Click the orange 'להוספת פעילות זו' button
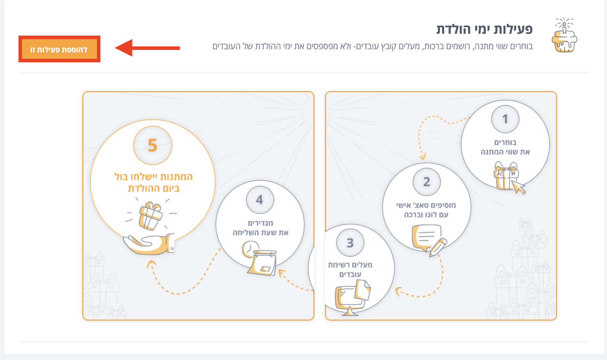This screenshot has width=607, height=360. (59, 49)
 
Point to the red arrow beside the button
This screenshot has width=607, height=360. (147, 48)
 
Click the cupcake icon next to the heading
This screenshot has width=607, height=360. (564, 35)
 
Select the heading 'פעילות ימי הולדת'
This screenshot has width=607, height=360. (484, 29)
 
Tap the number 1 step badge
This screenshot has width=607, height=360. (505, 119)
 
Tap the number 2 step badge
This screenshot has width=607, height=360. (427, 182)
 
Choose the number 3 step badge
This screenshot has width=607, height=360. (350, 243)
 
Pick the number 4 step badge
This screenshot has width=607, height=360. (260, 200)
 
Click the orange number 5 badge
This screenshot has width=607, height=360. (153, 145)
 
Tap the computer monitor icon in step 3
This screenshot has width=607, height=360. (352, 297)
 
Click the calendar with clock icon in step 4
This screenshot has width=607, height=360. (260, 258)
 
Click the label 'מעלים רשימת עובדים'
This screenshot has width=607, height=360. (350, 269)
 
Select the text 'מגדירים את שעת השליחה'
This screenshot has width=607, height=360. (260, 228)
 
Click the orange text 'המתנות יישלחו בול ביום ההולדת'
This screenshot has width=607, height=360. (153, 182)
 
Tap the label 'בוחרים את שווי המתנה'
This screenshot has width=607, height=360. (505, 147)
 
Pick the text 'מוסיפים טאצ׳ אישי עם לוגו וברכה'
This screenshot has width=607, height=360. (426, 210)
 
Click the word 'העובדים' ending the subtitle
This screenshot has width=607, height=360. (226, 46)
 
